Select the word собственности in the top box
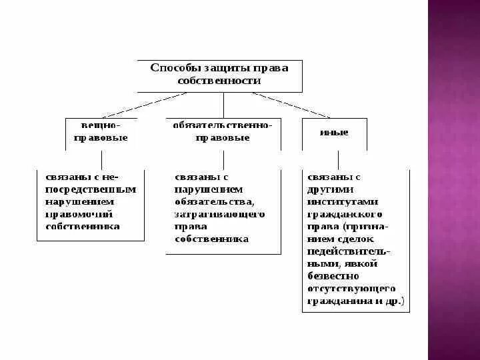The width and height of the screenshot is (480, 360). [x=220, y=80]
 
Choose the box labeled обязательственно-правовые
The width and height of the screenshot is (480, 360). [x=223, y=132]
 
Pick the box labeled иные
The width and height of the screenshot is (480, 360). [x=334, y=133]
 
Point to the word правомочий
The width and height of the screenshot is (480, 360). [x=79, y=214]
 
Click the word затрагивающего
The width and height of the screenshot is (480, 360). [x=219, y=214]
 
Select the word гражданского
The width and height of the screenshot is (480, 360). [x=344, y=214]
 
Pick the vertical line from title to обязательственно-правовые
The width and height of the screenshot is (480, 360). [x=223, y=105]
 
